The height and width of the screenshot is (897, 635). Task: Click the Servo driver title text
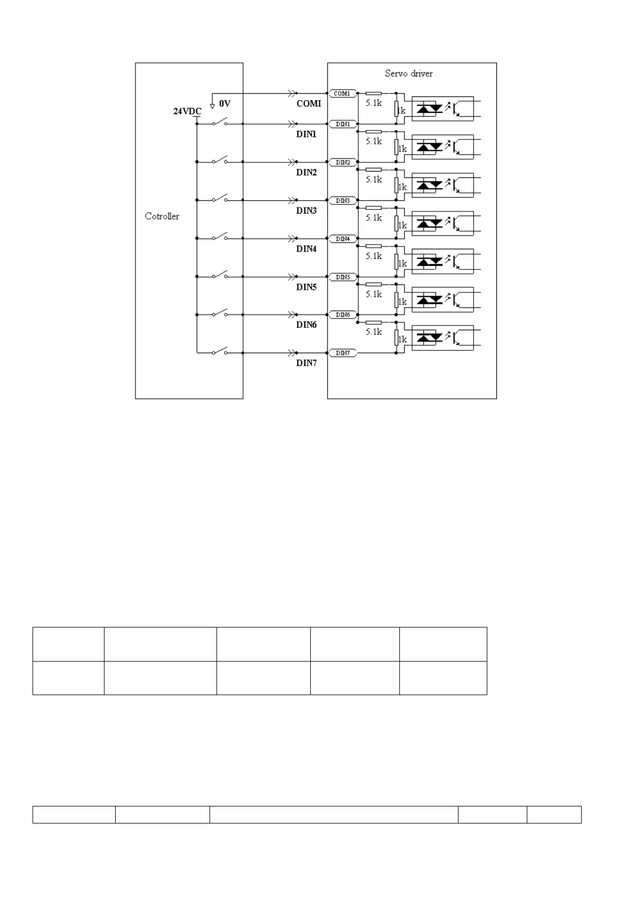pyautogui.click(x=408, y=74)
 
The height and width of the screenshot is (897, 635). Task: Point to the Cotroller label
pyautogui.click(x=162, y=216)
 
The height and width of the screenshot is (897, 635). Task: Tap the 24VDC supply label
pyautogui.click(x=187, y=111)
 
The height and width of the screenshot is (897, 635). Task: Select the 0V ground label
pyautogui.click(x=225, y=104)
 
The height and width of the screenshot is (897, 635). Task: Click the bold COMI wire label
pyautogui.click(x=309, y=103)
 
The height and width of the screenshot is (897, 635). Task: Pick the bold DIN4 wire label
pyautogui.click(x=307, y=249)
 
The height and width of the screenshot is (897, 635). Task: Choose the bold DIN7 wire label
pyautogui.click(x=307, y=363)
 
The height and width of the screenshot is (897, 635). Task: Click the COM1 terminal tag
pyautogui.click(x=342, y=94)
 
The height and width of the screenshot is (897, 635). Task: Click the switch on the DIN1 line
pyautogui.click(x=220, y=123)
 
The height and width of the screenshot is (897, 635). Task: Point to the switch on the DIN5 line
pyautogui.click(x=220, y=275)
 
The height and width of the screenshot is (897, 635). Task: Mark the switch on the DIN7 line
pyautogui.click(x=220, y=352)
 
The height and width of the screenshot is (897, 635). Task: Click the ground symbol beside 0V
pyautogui.click(x=212, y=103)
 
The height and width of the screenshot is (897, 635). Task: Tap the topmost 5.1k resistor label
pyautogui.click(x=374, y=103)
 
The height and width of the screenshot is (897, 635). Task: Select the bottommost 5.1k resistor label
pyautogui.click(x=374, y=332)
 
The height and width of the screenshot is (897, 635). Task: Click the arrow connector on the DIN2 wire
pyautogui.click(x=292, y=162)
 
